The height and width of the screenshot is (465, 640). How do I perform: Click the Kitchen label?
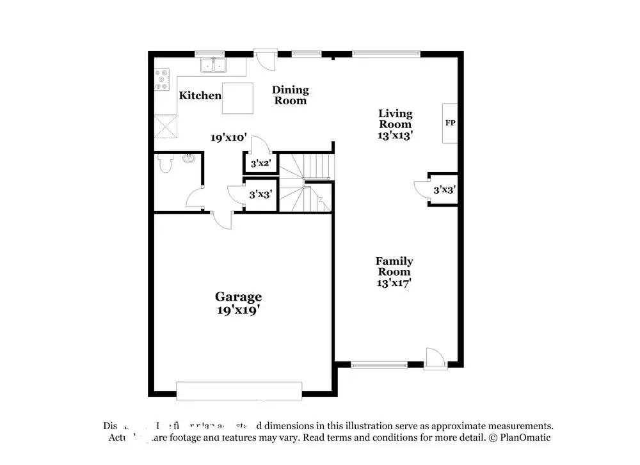coord(200,95)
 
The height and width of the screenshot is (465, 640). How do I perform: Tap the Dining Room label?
coord(291,95)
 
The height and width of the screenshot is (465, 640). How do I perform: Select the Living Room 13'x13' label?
coord(395,124)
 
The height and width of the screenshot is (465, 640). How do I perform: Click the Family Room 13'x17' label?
coord(394,271)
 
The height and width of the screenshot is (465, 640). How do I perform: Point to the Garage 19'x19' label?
coord(238,303)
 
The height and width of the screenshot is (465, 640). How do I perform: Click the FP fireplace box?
coord(450,123)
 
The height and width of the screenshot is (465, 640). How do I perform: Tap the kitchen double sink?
coord(214,65)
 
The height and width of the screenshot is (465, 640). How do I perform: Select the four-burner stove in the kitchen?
coord(162,79)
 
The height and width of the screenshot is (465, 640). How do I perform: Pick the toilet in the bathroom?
coord(165,165)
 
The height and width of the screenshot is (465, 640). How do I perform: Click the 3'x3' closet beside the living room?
coord(444,189)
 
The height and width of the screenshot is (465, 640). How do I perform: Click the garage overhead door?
coord(239,390)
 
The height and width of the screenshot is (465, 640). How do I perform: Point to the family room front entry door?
coord(433,358)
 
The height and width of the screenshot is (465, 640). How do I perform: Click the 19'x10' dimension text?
coord(229,138)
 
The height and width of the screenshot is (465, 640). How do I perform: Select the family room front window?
coord(379,366)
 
